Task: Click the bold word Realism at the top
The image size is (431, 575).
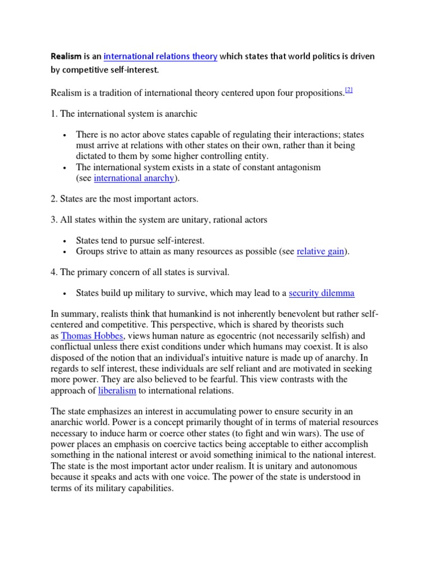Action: [66, 57]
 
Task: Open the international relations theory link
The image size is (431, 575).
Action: [161, 57]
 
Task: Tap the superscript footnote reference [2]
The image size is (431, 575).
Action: [349, 90]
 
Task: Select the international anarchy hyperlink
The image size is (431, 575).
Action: [134, 179]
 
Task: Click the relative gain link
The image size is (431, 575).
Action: [320, 252]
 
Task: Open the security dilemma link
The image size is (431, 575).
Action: [322, 293]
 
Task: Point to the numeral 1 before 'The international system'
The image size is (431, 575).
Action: [53, 114]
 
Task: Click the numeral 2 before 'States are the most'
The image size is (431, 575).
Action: [53, 199]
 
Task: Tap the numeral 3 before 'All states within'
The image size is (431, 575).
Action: [53, 220]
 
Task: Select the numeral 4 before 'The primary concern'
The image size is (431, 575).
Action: [53, 272]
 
